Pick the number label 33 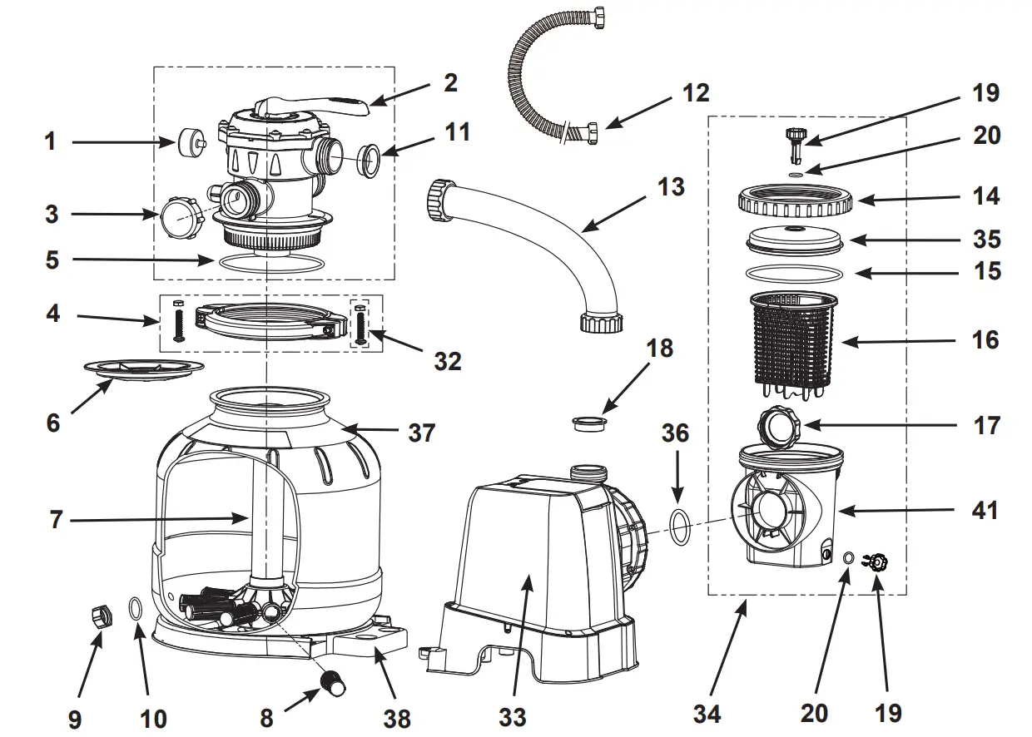pyautogui.click(x=514, y=715)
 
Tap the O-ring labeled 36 pyautogui.click(x=679, y=527)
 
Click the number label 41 pyautogui.click(x=985, y=509)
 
